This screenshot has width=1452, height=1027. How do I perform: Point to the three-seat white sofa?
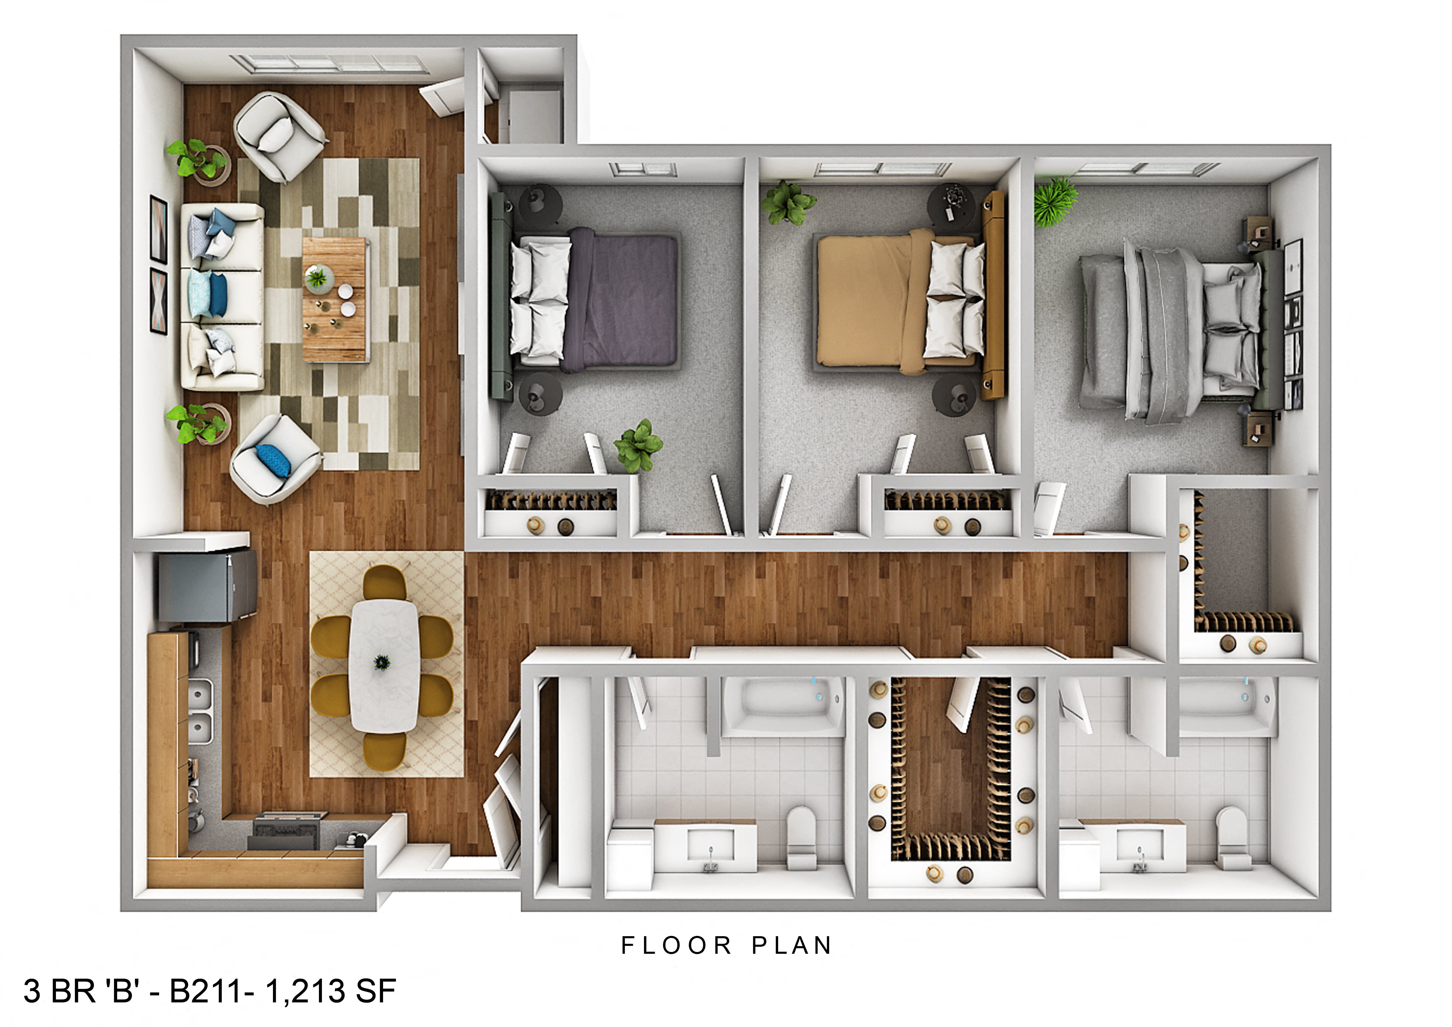(x=223, y=296)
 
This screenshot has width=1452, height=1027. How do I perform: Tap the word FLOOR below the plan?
(x=676, y=946)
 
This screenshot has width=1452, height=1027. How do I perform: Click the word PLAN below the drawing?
(x=792, y=946)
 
